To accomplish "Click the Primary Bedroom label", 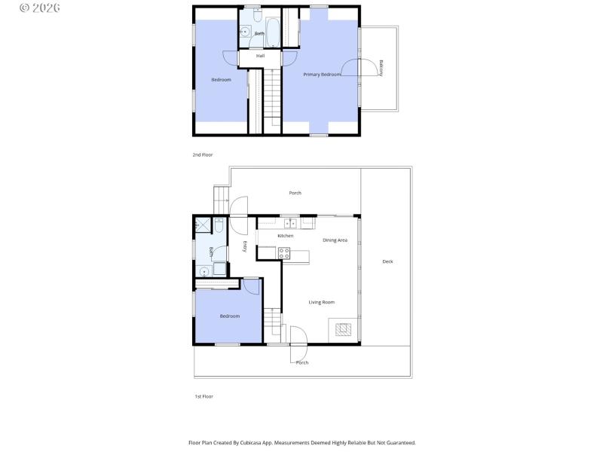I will [x=322, y=75].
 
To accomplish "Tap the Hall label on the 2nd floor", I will [x=260, y=56].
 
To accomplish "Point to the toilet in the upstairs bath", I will [x=257, y=16].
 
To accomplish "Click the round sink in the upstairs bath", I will [x=245, y=31].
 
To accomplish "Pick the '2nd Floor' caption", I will [x=203, y=154].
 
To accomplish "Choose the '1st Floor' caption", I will [x=204, y=395].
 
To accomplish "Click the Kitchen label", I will [x=285, y=236].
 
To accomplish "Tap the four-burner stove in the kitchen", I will [x=284, y=253].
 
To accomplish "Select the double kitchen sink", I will [x=289, y=221].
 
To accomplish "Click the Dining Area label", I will [x=335, y=240].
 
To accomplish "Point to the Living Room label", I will [x=321, y=302].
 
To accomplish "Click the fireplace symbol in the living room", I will [x=343, y=328].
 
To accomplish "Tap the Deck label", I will [x=387, y=261].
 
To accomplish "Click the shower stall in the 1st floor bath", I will [x=202, y=224].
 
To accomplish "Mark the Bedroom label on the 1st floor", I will [x=229, y=316].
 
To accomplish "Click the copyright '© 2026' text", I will [x=39, y=8].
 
